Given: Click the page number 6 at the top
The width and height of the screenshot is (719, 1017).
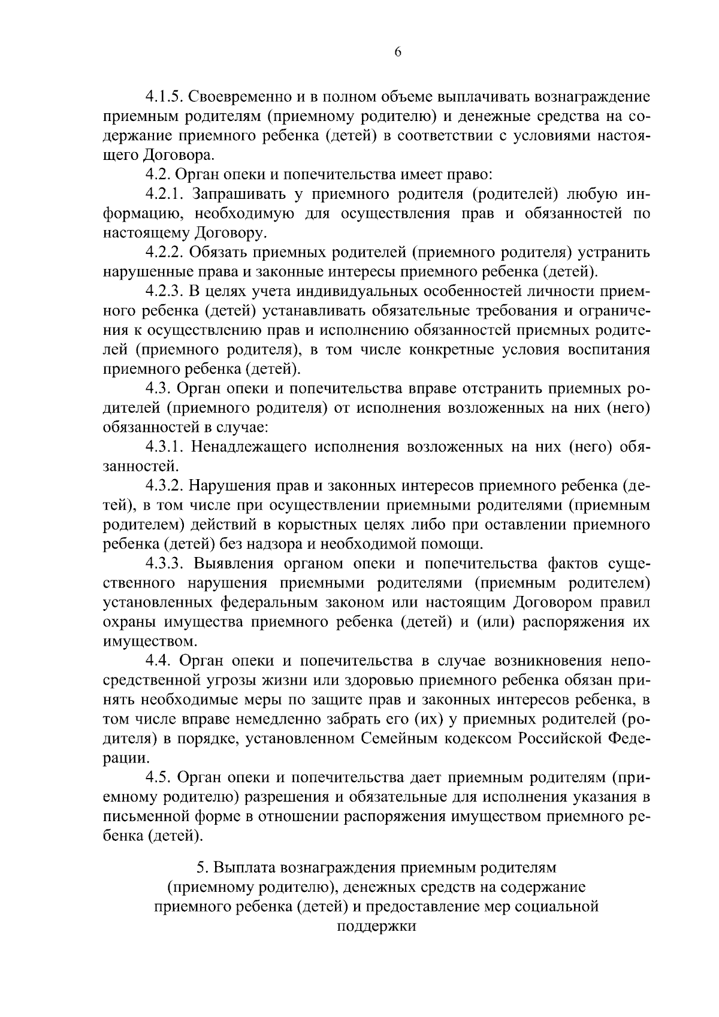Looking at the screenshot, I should pos(398,52).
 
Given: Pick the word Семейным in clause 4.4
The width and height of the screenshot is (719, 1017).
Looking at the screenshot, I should pos(400,738).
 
